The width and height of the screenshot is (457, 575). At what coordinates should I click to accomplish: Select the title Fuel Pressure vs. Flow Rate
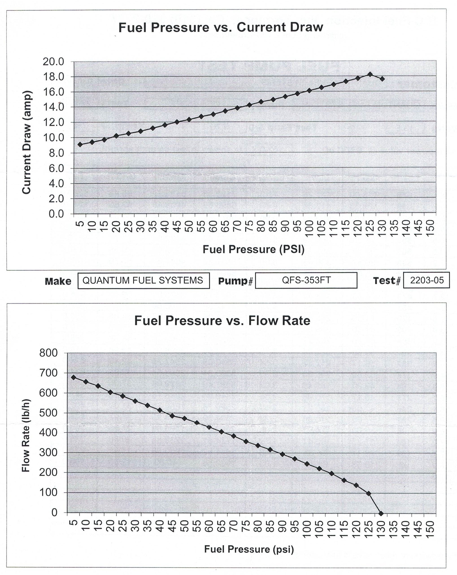click(x=222, y=320)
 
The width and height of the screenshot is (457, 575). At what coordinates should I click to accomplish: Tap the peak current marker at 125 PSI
click(x=370, y=74)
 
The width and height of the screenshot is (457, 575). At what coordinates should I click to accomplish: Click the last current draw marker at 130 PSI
click(x=382, y=79)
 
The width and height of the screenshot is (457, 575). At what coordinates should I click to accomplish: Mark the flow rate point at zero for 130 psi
click(x=381, y=513)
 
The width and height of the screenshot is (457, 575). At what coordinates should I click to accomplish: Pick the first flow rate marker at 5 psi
click(x=74, y=377)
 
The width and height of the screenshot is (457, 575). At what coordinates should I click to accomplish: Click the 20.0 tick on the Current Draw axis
click(x=53, y=62)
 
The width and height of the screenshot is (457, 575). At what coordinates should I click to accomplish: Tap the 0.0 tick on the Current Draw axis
click(x=56, y=214)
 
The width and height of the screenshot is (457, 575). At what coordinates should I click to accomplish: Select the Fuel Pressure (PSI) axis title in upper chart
click(x=253, y=249)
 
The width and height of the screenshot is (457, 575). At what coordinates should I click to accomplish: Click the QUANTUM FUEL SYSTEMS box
click(x=144, y=280)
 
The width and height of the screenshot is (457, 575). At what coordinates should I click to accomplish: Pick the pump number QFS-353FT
click(x=306, y=280)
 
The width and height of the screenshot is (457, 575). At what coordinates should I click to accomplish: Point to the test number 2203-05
click(x=427, y=280)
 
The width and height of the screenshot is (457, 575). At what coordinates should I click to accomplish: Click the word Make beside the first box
click(x=58, y=281)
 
